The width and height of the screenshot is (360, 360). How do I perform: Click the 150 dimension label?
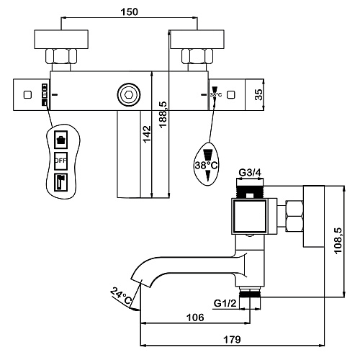click(129, 12)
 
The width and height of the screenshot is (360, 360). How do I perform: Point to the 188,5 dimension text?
click(163, 114)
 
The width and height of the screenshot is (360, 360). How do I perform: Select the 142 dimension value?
click(147, 134)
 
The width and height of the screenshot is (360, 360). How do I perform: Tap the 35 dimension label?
click(258, 94)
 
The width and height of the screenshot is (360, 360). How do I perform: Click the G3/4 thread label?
click(250, 172)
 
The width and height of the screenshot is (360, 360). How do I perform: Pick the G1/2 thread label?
click(225, 303)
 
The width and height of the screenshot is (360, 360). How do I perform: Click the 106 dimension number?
click(195, 318)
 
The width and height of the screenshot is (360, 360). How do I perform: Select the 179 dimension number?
click(232, 340)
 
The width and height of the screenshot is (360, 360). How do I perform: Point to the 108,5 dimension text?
click(338, 240)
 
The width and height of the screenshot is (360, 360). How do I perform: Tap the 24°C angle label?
click(121, 296)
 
